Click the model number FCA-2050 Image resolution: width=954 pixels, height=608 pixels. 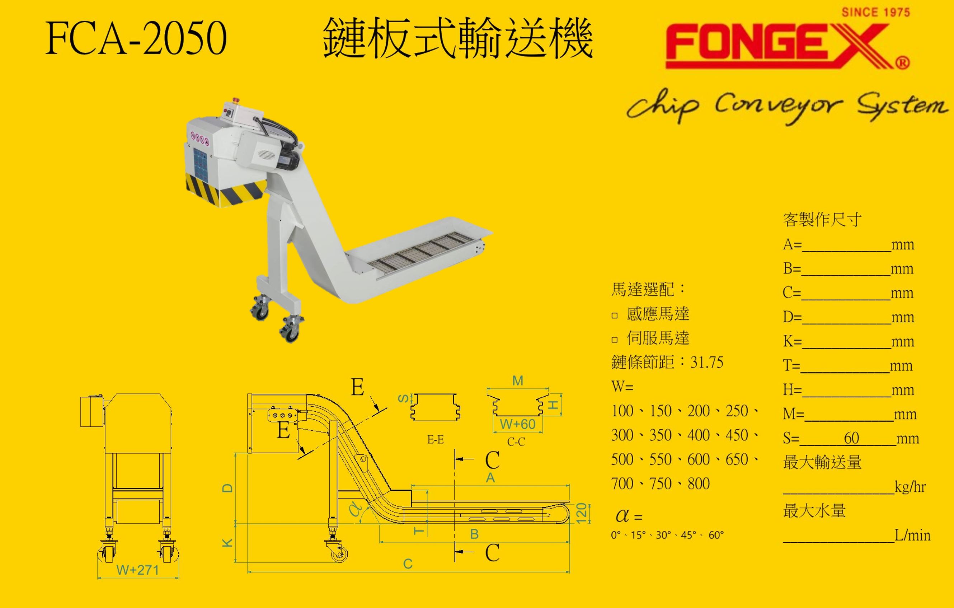136,38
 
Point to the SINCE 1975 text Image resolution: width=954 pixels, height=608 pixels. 875,12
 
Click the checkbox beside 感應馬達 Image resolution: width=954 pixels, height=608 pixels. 615,315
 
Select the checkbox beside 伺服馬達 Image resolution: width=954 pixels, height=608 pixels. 615,340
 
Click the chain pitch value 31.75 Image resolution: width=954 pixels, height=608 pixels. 706,362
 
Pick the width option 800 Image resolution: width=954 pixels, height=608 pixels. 699,484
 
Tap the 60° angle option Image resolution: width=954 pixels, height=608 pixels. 716,535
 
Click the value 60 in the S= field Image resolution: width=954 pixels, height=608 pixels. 851,438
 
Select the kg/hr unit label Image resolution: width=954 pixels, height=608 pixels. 910,487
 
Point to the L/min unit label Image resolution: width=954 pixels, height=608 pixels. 912,535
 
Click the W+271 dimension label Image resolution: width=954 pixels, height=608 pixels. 137,570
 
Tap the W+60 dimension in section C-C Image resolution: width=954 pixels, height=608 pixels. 517,425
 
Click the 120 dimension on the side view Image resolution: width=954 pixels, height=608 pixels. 581,513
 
